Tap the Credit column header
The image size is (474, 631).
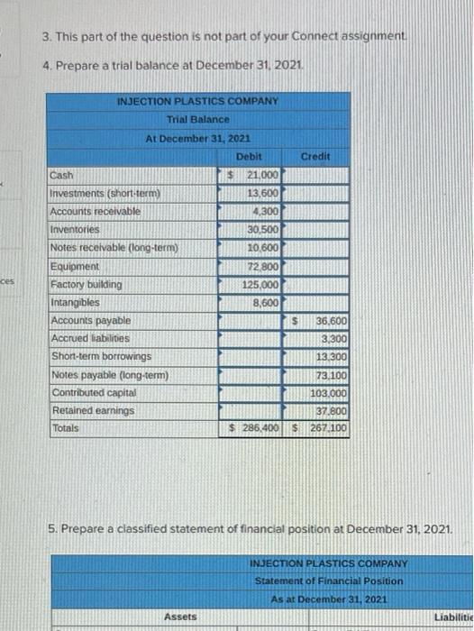click(314, 156)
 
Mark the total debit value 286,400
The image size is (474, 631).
click(258, 428)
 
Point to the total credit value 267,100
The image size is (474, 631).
click(327, 428)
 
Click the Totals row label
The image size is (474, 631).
click(65, 428)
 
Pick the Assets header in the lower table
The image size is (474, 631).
click(180, 616)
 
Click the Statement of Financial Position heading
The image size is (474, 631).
click(329, 581)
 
